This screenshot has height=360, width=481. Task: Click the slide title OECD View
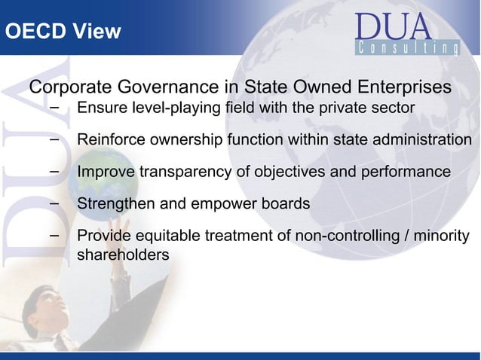coord(63,32)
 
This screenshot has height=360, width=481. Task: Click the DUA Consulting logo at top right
coord(406,35)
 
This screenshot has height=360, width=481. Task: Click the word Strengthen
coord(115,204)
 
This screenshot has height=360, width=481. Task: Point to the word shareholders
coord(123,255)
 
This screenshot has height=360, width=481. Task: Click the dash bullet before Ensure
coord(55,107)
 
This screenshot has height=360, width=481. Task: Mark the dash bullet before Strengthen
coord(55,203)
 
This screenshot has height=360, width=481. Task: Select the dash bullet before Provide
coord(55,236)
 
